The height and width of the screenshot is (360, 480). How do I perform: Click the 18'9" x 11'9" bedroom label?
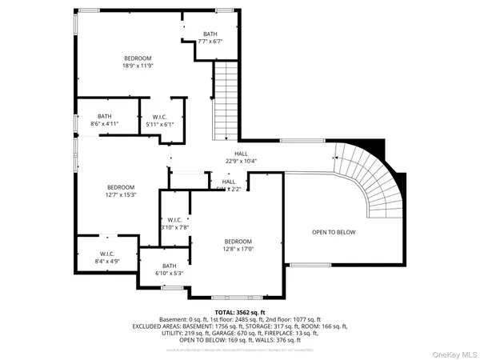(138, 63)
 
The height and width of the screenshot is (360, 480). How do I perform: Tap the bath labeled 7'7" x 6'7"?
(210, 38)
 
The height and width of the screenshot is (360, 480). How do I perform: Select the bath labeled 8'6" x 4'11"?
(105, 120)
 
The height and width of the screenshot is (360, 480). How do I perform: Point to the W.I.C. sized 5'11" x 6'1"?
(160, 120)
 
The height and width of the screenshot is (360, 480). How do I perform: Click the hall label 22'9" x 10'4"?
(241, 158)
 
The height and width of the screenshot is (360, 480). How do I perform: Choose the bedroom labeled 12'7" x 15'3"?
(121, 190)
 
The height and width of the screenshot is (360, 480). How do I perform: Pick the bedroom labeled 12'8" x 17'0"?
(238, 246)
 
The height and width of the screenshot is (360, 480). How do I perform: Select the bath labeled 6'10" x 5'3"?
(169, 270)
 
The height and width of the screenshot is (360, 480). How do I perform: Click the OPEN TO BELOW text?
(334, 232)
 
